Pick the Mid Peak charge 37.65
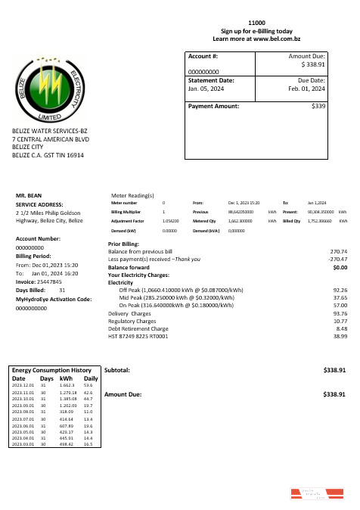click(x=340, y=297)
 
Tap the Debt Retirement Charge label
click(x=138, y=328)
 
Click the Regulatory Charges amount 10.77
click(x=340, y=321)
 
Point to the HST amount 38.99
click(x=340, y=336)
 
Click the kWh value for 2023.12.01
click(x=67, y=385)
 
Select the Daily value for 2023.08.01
click(x=88, y=412)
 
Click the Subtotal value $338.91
click(x=334, y=370)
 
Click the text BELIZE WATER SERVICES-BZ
click(x=50, y=131)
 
